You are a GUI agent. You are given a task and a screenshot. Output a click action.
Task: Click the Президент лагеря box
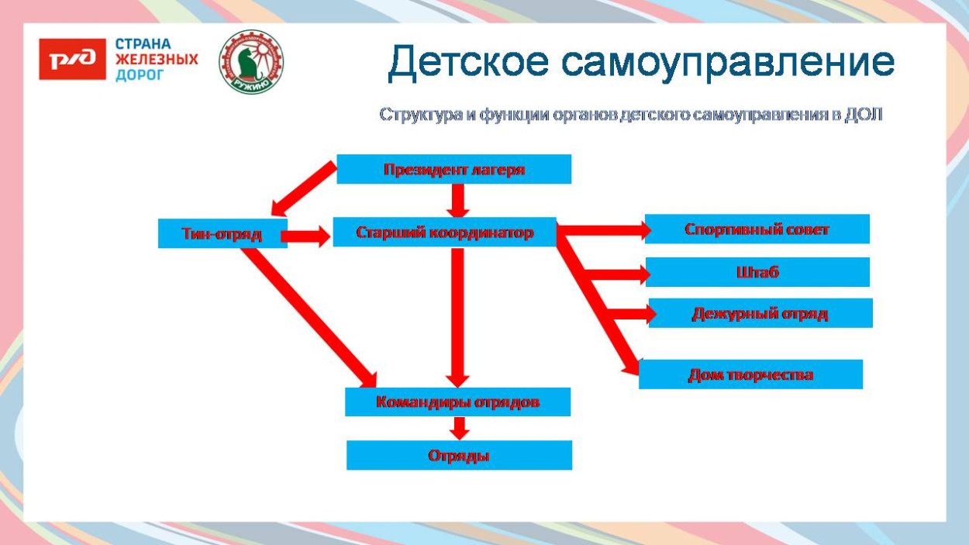tap(453, 169)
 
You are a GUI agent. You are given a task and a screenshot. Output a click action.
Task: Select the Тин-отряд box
tap(222, 233)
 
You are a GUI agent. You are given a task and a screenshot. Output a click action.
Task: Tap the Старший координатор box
tap(444, 232)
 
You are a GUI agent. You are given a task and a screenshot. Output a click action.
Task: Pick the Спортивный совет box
tap(757, 229)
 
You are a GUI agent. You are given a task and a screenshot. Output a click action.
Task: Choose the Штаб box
tap(757, 272)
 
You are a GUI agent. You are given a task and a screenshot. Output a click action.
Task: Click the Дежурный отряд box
tap(760, 313)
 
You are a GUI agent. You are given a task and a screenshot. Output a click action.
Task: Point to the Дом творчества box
tap(750, 374)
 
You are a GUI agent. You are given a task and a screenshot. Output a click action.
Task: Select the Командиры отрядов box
tap(457, 402)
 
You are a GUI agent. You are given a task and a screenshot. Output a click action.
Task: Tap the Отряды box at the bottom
tap(459, 455)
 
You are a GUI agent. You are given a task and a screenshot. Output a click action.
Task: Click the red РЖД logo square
tap(72, 60)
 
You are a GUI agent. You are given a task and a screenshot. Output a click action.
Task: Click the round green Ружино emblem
tap(251, 62)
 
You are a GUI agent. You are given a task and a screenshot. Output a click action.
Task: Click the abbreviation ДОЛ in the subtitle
tap(863, 115)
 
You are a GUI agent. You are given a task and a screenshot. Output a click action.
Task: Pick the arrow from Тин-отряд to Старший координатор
tap(308, 236)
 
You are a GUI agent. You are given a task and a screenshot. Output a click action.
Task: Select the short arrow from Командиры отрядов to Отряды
tap(459, 428)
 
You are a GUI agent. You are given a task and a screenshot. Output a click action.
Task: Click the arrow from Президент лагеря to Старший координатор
tap(459, 201)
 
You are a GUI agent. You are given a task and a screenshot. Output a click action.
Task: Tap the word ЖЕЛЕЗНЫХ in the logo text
tap(157, 60)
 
